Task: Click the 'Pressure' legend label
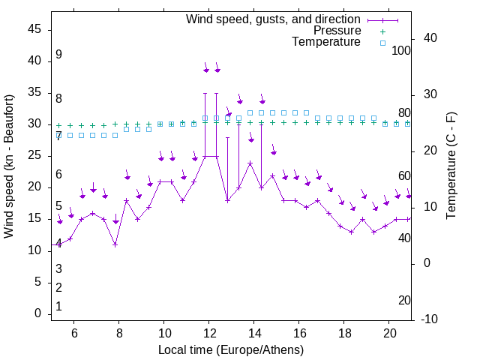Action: pos(337,31)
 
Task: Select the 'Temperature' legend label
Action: pos(326,42)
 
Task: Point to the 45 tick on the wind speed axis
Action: pos(35,29)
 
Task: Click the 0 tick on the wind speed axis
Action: pos(38,313)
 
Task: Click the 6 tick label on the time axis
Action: pos(73,332)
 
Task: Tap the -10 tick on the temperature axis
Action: pos(430,319)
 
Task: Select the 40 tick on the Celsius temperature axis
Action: pos(430,38)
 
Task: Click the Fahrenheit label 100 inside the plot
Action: pos(401,51)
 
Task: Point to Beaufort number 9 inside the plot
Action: pos(58,55)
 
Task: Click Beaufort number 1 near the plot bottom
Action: pos(58,307)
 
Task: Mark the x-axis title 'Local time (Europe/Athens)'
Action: pos(231,349)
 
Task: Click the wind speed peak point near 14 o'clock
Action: pos(250,163)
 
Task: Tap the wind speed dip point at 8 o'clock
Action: pos(115,244)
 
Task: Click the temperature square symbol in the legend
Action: pos(382,43)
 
